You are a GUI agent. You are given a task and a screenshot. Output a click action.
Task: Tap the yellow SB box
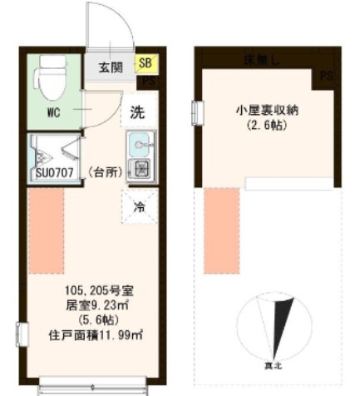pyautogui.click(x=145, y=62)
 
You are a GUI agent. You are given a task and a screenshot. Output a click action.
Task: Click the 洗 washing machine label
pyautogui.click(x=136, y=109)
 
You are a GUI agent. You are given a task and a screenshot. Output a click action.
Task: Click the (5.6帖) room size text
pyautogui.click(x=92, y=319)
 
